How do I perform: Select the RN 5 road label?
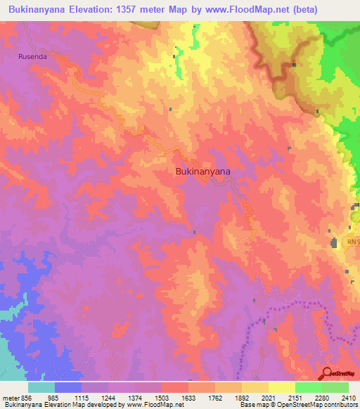pos(353,242)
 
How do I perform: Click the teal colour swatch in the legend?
pos(41,387)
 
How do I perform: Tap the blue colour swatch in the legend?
pos(68,387)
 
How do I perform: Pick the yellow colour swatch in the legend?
pos(281,387)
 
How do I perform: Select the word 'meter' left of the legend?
pos(10,397)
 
